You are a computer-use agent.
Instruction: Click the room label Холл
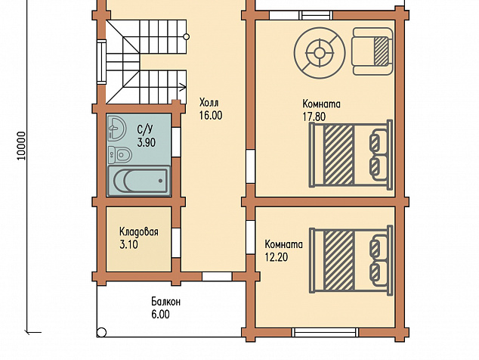pos(209,102)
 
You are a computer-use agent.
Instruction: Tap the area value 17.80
pos(314,116)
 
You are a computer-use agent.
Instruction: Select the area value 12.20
pos(277,257)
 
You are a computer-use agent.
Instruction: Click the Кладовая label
pos(139,231)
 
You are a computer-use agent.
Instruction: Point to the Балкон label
pos(166,302)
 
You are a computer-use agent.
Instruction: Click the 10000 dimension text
pos(21,146)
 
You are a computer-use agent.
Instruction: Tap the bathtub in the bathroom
pos(139,181)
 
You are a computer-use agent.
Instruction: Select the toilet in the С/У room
pos(119,154)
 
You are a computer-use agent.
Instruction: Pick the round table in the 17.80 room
pos(320,53)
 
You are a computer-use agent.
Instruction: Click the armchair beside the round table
pos(372,51)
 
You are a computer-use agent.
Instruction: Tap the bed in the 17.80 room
pos(351,154)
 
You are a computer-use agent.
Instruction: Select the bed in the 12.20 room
pos(351,260)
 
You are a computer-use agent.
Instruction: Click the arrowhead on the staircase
pos(184,87)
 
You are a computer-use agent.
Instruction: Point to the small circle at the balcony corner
pos(101,332)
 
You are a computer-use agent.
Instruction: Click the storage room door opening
pos(176,243)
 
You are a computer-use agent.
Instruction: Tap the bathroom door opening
pos(176,142)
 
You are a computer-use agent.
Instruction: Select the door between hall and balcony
pos(217,277)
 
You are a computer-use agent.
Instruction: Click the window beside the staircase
pos(102,61)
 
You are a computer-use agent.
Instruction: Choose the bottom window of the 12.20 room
pos(324,333)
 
